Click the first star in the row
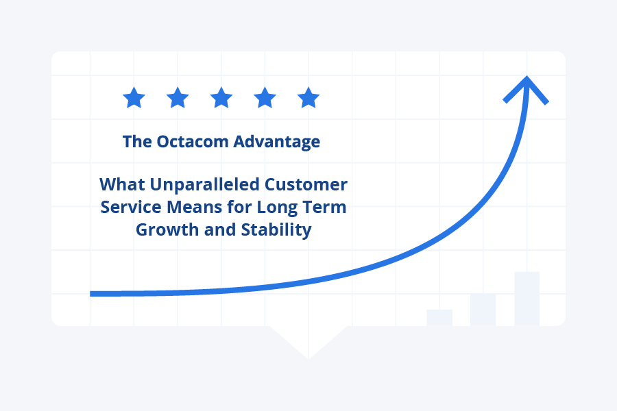(x=134, y=98)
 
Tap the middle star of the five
(x=221, y=98)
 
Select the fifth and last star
(x=308, y=98)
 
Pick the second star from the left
(x=178, y=98)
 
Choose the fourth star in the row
(x=265, y=98)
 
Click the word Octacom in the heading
(x=194, y=142)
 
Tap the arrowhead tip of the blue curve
(x=526, y=79)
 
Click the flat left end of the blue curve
(x=93, y=293)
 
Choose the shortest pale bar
(x=439, y=317)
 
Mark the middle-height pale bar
(x=483, y=309)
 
